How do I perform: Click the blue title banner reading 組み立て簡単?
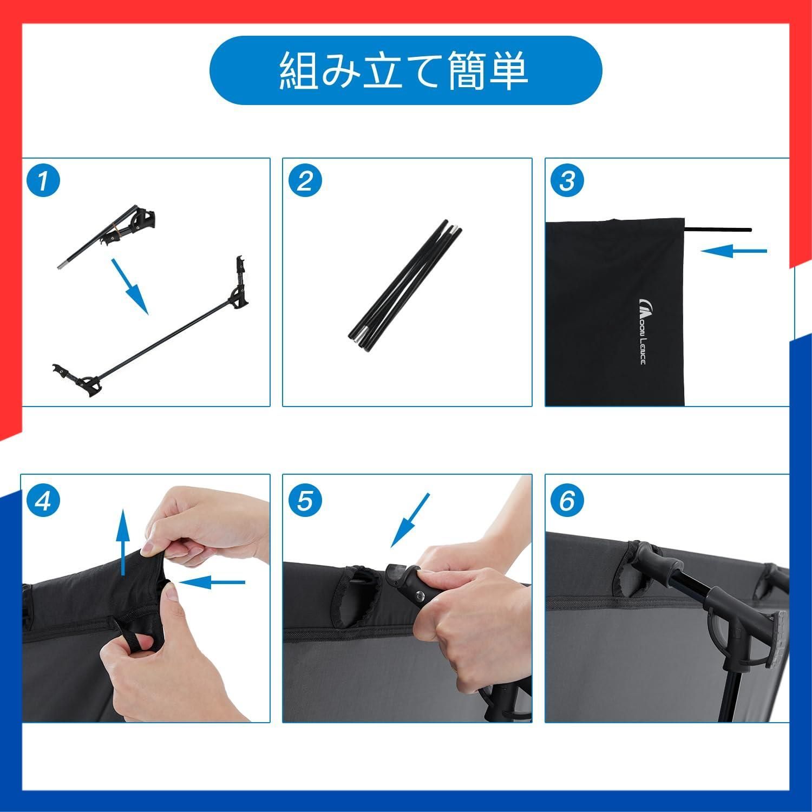point(405,70)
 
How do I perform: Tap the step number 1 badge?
point(44,180)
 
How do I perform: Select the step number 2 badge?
point(305,180)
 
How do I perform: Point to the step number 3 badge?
point(567,180)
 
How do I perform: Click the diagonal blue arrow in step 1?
point(130,286)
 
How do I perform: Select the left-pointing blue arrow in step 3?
point(734,251)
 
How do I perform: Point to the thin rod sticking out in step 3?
point(718,229)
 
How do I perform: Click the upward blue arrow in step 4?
point(124,542)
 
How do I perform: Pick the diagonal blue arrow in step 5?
point(410,520)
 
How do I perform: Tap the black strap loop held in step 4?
point(137,638)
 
